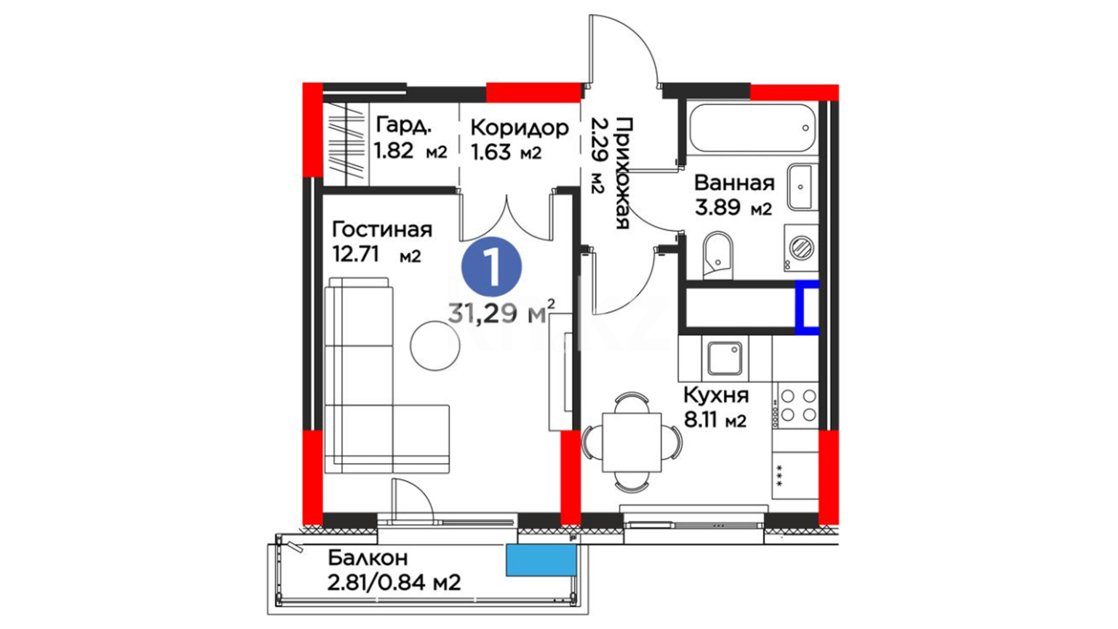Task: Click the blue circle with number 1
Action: click(x=491, y=267)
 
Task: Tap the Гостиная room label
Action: click(x=382, y=229)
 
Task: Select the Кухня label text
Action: click(x=716, y=396)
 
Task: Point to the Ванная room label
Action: click(x=734, y=183)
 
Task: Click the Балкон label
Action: click(x=367, y=558)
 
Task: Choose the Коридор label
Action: click(x=519, y=128)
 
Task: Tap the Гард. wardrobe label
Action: click(x=404, y=125)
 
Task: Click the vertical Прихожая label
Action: click(x=622, y=173)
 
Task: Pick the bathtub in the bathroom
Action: click(x=751, y=128)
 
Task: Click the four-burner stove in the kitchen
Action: click(x=796, y=405)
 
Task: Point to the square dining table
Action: click(x=632, y=442)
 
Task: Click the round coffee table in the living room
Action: click(x=435, y=345)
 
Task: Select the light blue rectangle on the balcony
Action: click(x=541, y=560)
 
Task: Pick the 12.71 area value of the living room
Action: click(x=355, y=255)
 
